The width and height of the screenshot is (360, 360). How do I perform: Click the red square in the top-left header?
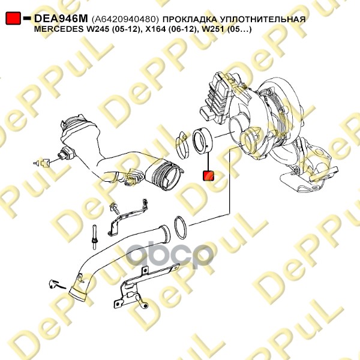pyautogui.click(x=13, y=18)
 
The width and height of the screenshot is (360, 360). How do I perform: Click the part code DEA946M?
pyautogui.click(x=61, y=19)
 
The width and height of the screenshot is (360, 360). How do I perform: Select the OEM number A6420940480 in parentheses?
pyautogui.click(x=125, y=19)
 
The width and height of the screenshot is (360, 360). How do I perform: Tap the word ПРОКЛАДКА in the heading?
pyautogui.click(x=190, y=19)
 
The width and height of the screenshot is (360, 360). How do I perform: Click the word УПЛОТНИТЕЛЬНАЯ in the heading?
pyautogui.click(x=263, y=19)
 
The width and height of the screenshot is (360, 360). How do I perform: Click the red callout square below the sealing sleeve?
pyautogui.click(x=208, y=175)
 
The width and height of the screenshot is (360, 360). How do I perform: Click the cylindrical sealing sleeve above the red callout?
pyautogui.click(x=203, y=140)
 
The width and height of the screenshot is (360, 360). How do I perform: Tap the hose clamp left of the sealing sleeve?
pyautogui.click(x=183, y=145)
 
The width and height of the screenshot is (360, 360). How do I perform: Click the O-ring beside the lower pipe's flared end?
pyautogui.click(x=181, y=228)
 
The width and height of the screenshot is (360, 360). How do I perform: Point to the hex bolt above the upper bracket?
pyautogui.click(x=115, y=208)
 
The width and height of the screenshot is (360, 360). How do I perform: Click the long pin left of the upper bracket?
pyautogui.click(x=94, y=236)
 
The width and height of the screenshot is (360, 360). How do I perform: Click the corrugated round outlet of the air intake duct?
pyautogui.click(x=169, y=176)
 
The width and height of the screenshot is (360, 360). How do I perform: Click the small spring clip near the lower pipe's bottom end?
pyautogui.click(x=57, y=284)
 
